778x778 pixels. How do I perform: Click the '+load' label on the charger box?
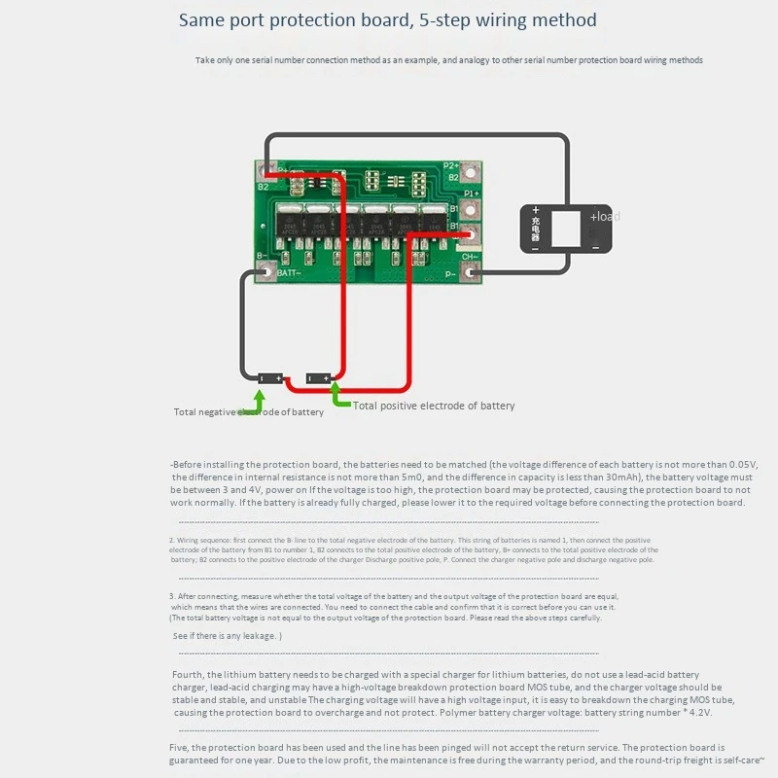click(604, 216)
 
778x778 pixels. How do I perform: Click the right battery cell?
click(318, 377)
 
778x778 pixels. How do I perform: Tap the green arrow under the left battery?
click(259, 400)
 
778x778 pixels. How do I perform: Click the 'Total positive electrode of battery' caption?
click(434, 406)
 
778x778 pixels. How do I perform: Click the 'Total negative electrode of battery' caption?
click(249, 412)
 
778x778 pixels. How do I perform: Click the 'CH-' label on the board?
click(469, 258)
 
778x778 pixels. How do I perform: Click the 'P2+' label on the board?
click(451, 166)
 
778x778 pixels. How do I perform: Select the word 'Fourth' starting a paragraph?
click(190, 674)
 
